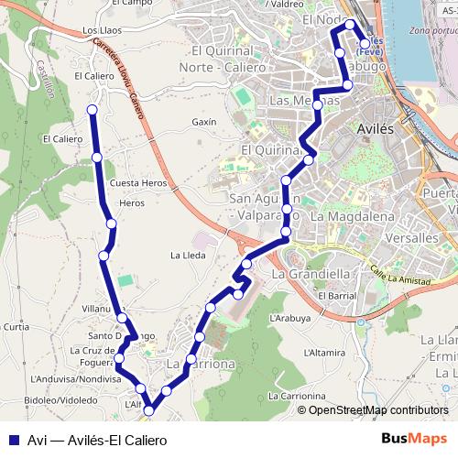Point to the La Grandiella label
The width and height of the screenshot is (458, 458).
point(311,273)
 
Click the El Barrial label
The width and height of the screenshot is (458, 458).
point(335,296)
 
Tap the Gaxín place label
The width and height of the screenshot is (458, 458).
point(204,122)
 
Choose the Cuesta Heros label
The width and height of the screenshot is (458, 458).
point(138,183)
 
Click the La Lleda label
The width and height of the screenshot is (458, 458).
point(189,255)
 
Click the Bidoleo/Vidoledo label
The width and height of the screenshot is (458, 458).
point(60,400)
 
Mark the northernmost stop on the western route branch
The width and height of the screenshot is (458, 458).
point(92,110)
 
